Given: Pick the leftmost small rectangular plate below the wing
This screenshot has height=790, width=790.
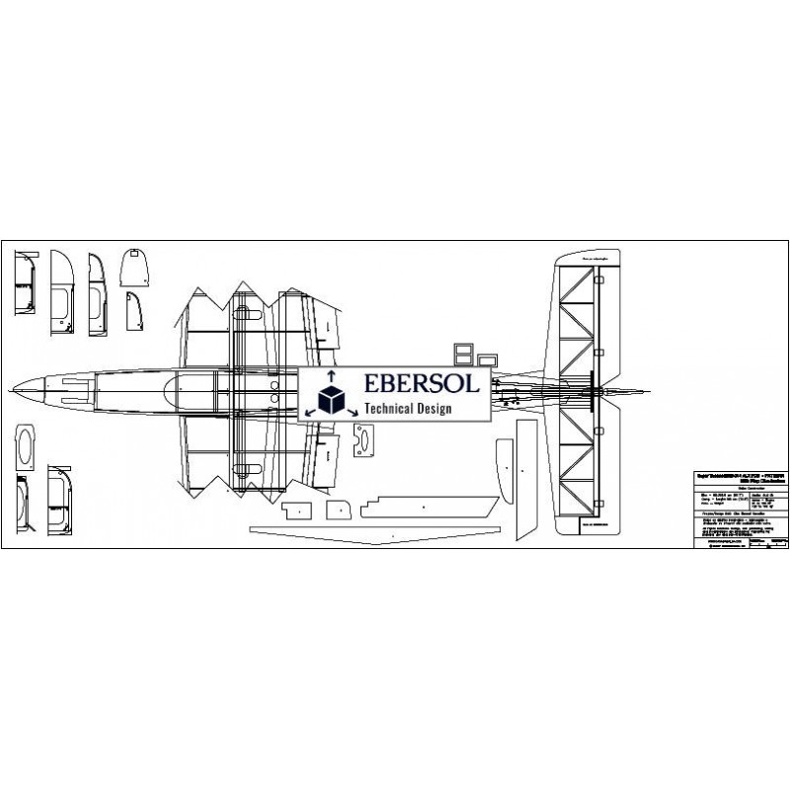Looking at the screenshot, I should point(295,510).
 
